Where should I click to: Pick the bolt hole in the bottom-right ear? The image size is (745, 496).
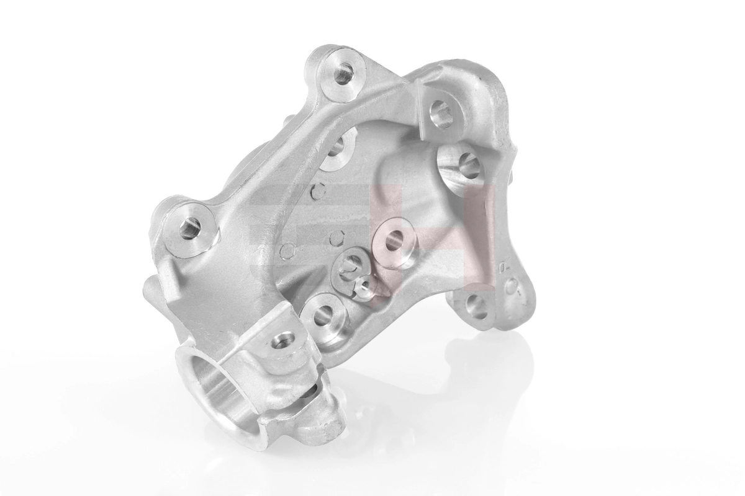(477, 306)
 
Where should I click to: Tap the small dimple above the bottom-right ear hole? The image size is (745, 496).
(512, 286)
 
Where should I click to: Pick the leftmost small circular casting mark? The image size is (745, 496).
(288, 251)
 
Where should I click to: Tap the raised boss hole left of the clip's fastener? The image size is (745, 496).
(322, 316)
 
